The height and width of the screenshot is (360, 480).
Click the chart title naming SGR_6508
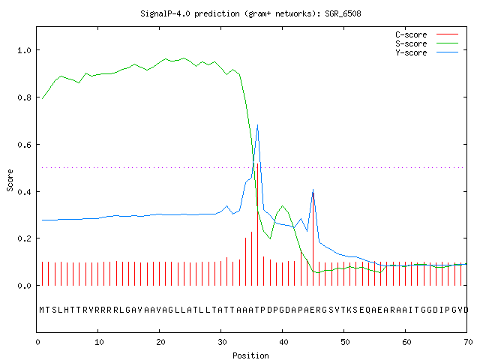click(x=250, y=13)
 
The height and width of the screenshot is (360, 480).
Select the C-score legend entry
click(x=427, y=34)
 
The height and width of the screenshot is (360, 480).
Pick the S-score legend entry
click(x=427, y=43)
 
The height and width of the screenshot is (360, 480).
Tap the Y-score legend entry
click(x=427, y=52)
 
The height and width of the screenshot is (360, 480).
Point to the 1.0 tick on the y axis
click(x=25, y=50)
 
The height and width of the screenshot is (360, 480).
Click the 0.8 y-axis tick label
click(x=25, y=97)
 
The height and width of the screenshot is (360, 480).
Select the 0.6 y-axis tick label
click(x=25, y=145)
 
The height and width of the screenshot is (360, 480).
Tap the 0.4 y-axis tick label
click(x=25, y=192)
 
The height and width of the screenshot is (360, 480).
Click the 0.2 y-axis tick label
click(x=25, y=238)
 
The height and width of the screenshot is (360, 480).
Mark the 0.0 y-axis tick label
click(x=25, y=286)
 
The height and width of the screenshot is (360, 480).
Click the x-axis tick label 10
click(x=99, y=342)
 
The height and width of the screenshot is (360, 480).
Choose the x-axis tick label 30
click(x=222, y=342)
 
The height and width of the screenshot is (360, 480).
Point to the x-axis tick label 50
click(x=345, y=342)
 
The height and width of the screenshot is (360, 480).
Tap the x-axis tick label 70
click(x=468, y=342)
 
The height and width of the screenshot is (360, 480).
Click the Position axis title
click(x=250, y=355)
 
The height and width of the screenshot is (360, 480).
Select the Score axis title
click(x=10, y=180)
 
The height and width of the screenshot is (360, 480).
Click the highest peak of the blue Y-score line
click(x=258, y=125)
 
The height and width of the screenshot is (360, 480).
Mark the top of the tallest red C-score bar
click(x=258, y=163)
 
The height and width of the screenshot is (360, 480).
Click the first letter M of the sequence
click(x=42, y=310)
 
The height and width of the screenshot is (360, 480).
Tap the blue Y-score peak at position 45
click(x=313, y=190)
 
